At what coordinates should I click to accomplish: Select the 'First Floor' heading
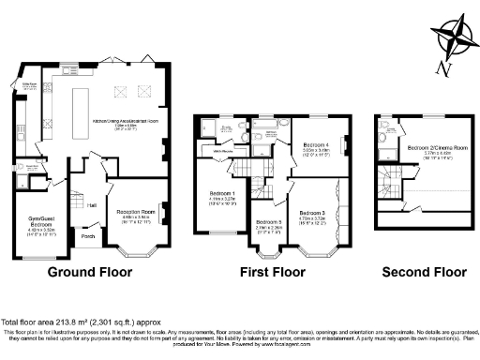pos(270,273)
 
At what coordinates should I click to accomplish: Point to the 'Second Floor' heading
pos(423,273)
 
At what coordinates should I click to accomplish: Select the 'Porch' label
pos(87,236)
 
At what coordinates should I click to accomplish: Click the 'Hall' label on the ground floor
pos(91,204)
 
